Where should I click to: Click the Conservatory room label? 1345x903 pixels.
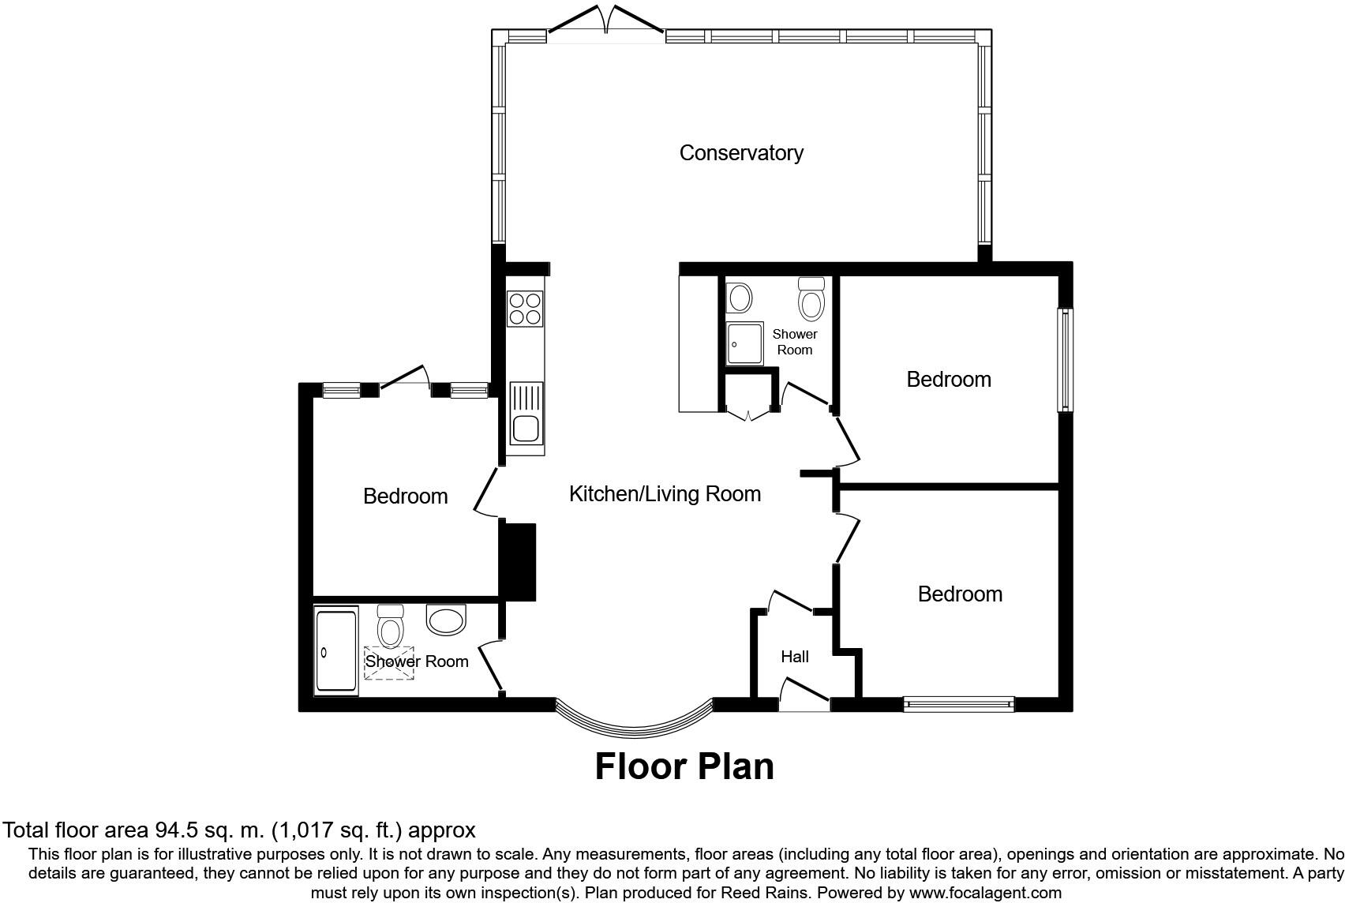click(740, 152)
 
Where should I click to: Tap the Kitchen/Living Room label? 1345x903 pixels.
click(665, 494)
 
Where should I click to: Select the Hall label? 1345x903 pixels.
click(794, 657)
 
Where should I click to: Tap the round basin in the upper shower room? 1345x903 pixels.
click(740, 298)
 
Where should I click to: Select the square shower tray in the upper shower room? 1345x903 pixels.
click(745, 343)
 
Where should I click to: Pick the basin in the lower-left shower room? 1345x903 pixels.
click(447, 619)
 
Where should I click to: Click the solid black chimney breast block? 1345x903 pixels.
click(518, 561)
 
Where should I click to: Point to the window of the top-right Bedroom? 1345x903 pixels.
click(1065, 359)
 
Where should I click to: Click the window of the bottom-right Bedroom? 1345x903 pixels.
click(958, 703)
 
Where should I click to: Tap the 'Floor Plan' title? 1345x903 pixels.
click(684, 766)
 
